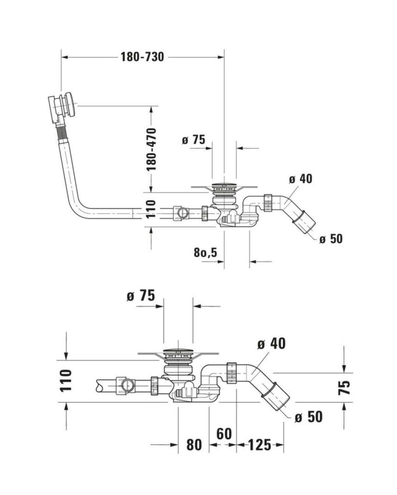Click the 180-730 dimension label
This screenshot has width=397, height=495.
(x=142, y=57)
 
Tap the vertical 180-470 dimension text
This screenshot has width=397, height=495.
(x=151, y=149)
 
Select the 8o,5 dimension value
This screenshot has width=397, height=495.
(x=206, y=252)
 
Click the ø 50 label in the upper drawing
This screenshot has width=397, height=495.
(x=331, y=239)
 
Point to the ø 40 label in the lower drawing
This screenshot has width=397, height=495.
(x=271, y=344)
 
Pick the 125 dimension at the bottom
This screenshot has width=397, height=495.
(x=259, y=445)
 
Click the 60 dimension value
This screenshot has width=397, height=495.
(x=224, y=434)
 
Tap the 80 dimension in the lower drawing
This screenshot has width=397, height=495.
(x=194, y=445)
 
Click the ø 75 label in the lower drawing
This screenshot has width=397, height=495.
(x=141, y=296)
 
